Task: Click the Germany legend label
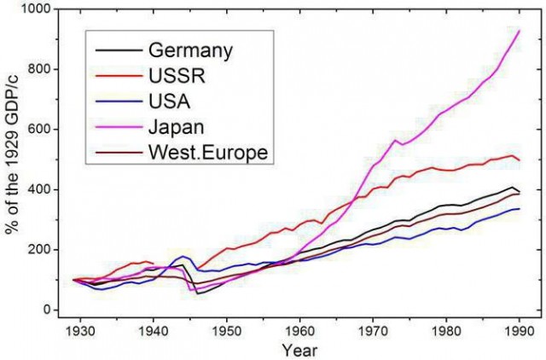(x=190, y=51)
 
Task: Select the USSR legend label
(x=177, y=75)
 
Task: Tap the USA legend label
(x=170, y=101)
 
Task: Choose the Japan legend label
(x=177, y=127)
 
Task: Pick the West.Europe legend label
(x=208, y=152)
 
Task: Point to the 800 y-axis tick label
(x=41, y=69)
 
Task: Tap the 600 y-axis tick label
(x=41, y=129)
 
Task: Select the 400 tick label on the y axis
(x=41, y=189)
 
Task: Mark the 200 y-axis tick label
(x=41, y=250)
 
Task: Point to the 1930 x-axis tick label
(x=80, y=331)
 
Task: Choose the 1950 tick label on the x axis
(x=227, y=331)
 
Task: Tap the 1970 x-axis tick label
(x=373, y=331)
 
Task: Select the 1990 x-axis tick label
(x=520, y=331)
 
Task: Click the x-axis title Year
(x=299, y=350)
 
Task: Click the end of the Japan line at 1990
(x=520, y=31)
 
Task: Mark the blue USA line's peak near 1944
(x=183, y=256)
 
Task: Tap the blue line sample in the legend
(x=119, y=102)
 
